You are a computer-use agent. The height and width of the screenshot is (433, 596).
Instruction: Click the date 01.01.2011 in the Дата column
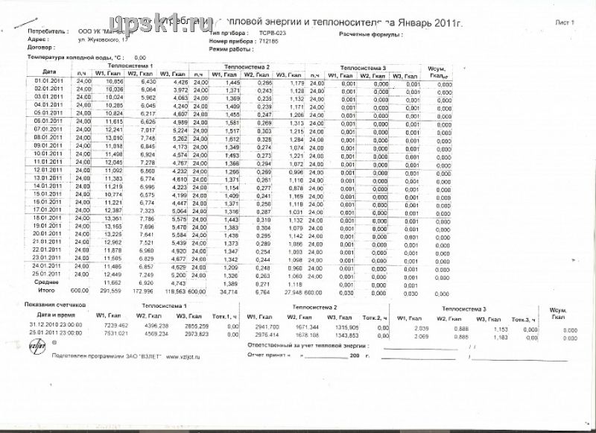click(46, 80)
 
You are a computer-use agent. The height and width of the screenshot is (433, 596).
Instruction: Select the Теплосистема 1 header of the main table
click(135, 67)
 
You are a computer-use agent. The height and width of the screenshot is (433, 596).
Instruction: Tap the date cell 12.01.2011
click(47, 171)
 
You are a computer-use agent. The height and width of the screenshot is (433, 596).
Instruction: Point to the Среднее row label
click(47, 282)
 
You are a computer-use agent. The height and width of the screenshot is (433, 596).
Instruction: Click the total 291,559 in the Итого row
click(111, 291)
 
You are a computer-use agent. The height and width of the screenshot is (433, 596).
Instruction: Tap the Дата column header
click(48, 71)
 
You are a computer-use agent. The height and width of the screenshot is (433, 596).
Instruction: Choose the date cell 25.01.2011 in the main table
click(47, 274)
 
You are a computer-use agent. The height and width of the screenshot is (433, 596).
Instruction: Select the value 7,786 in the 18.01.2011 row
click(145, 219)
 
